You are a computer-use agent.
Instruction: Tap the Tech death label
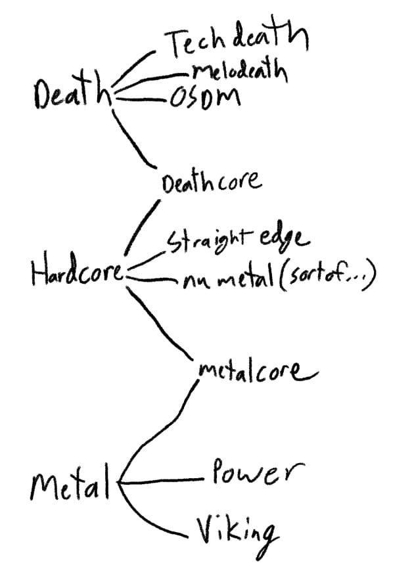click(235, 43)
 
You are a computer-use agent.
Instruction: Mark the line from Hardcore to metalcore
click(158, 325)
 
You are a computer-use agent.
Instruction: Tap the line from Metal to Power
click(164, 481)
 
